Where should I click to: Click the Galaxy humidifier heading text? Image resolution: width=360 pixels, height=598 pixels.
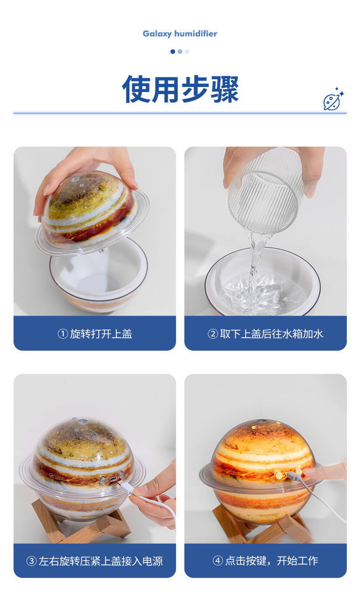(180, 34)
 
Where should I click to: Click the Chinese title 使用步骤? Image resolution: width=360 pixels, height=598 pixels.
(180, 89)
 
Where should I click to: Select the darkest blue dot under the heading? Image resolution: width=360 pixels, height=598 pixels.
(173, 51)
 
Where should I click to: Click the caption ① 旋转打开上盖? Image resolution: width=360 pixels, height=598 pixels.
(95, 334)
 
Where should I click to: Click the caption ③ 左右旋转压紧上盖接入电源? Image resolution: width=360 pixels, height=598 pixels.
(95, 561)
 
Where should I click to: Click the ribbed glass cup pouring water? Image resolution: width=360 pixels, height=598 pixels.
(266, 191)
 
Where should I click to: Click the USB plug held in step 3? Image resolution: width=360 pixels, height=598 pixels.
(128, 489)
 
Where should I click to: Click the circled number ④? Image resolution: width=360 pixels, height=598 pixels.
(218, 561)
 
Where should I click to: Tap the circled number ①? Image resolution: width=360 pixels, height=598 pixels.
(62, 334)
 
